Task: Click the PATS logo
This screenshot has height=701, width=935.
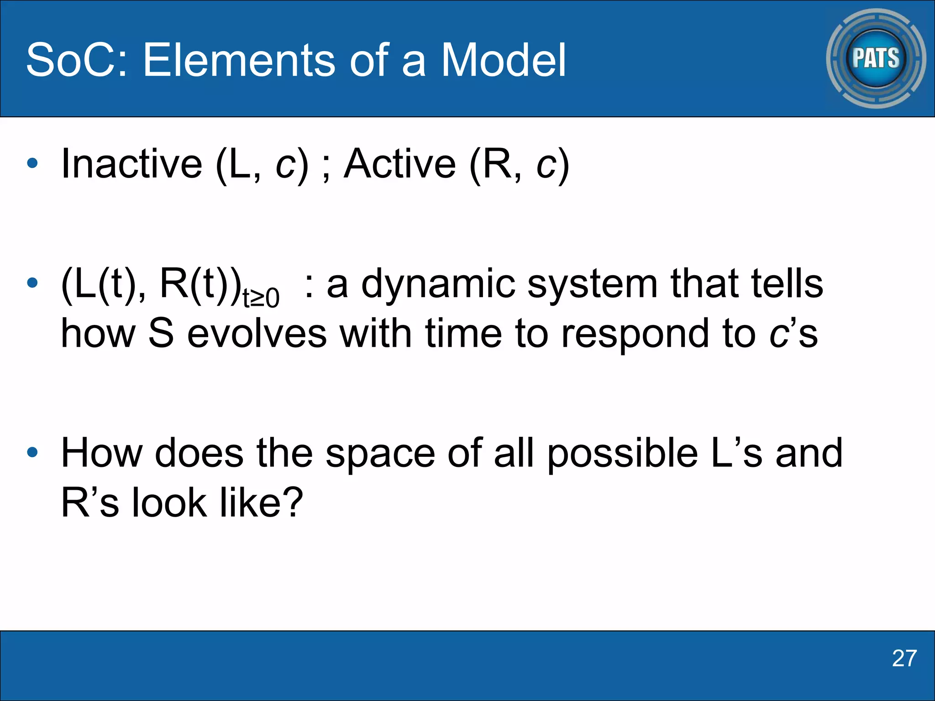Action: click(876, 58)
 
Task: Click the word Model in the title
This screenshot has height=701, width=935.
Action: click(503, 60)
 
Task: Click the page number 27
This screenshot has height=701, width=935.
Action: click(904, 659)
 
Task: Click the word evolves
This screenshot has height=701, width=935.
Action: click(257, 334)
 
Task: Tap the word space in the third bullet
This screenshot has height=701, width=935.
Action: click(380, 454)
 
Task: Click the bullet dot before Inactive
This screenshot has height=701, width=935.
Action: click(32, 163)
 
